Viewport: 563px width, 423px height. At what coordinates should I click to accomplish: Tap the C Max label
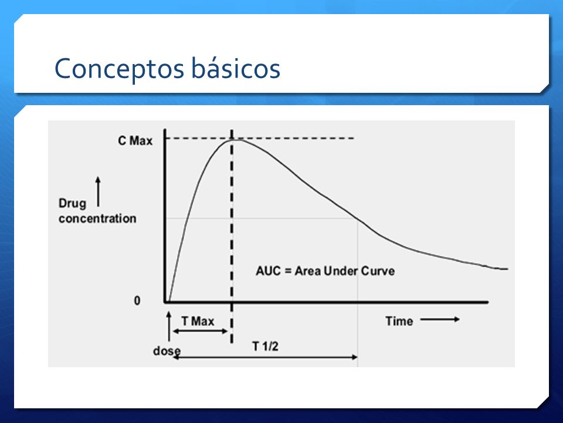(135, 140)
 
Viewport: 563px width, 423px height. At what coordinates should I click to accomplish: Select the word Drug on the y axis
(73, 204)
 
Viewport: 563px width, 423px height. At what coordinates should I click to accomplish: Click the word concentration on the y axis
(97, 219)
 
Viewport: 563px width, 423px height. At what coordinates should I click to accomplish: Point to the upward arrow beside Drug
(98, 192)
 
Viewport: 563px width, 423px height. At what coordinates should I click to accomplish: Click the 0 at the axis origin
(137, 300)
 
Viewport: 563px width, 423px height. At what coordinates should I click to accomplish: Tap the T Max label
(198, 321)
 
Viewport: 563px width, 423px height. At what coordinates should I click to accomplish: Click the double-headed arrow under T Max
(200, 331)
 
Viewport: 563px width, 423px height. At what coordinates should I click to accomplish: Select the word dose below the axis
(167, 351)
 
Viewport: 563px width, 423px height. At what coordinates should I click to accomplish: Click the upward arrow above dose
(169, 326)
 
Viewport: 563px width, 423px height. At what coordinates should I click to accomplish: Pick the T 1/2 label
(265, 347)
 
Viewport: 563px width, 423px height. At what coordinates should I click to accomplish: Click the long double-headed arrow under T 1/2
(265, 357)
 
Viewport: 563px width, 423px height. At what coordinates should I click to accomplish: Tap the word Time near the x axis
(399, 321)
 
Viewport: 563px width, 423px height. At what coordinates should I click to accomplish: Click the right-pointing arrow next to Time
(440, 319)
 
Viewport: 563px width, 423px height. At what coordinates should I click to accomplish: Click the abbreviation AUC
(268, 271)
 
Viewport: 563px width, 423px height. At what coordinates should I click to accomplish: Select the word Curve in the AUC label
(378, 271)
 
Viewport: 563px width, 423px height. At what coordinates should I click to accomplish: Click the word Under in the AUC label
(341, 271)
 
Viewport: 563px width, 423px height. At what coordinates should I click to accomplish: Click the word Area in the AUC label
(308, 271)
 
